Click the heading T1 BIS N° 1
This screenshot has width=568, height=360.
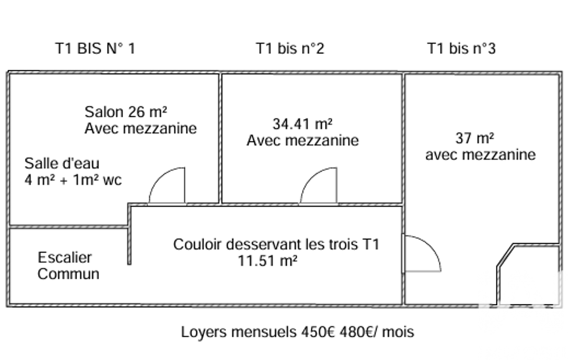[95, 49]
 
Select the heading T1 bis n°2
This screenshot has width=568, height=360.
[290, 49]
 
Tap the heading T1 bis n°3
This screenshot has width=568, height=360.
[461, 49]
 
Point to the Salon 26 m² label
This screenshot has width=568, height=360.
[126, 112]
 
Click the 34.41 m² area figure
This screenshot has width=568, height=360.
[303, 124]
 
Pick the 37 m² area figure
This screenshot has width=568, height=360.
[475, 137]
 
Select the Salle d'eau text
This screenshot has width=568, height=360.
[62, 164]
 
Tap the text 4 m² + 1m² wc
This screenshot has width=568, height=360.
[73, 180]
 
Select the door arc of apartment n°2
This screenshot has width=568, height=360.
[319, 187]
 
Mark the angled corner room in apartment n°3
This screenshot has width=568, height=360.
[529, 274]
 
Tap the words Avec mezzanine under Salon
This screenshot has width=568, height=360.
[141, 128]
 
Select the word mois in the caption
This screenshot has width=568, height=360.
[398, 332]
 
